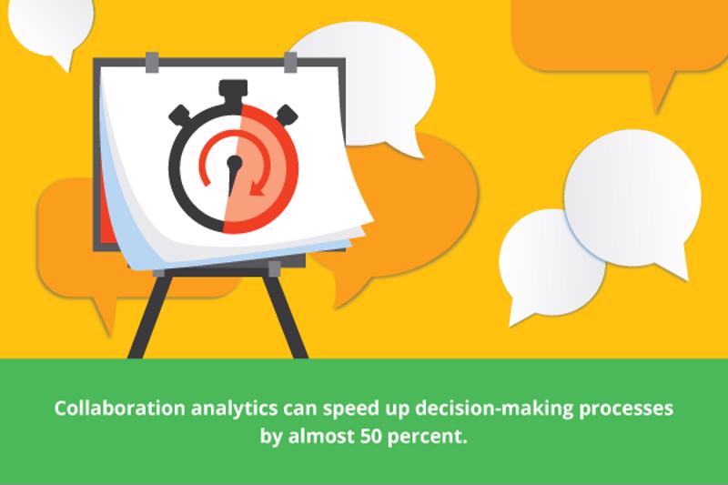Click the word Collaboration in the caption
pos(120,409)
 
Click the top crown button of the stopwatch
pos(233,91)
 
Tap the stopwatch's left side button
pos(180,115)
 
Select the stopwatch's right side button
pos(287,114)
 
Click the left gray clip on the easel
pos(152,62)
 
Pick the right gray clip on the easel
pos(290,62)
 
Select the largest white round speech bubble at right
pos(633,200)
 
